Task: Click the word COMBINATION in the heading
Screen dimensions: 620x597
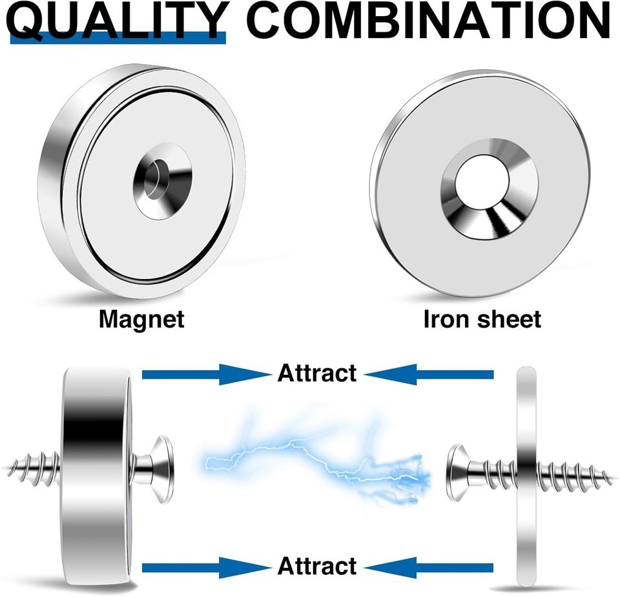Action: pos(431,20)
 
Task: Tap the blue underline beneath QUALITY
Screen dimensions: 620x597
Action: pos(118,38)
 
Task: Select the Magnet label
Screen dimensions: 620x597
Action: pos(141,320)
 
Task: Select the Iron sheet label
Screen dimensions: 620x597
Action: pos(482,319)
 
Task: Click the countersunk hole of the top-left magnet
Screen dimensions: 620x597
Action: pos(163,181)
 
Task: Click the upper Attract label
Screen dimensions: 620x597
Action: pos(317,373)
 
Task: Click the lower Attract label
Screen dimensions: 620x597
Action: pos(317,566)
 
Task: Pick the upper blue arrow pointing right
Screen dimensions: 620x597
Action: pos(206,374)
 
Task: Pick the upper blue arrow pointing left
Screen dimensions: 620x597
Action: pos(429,374)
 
